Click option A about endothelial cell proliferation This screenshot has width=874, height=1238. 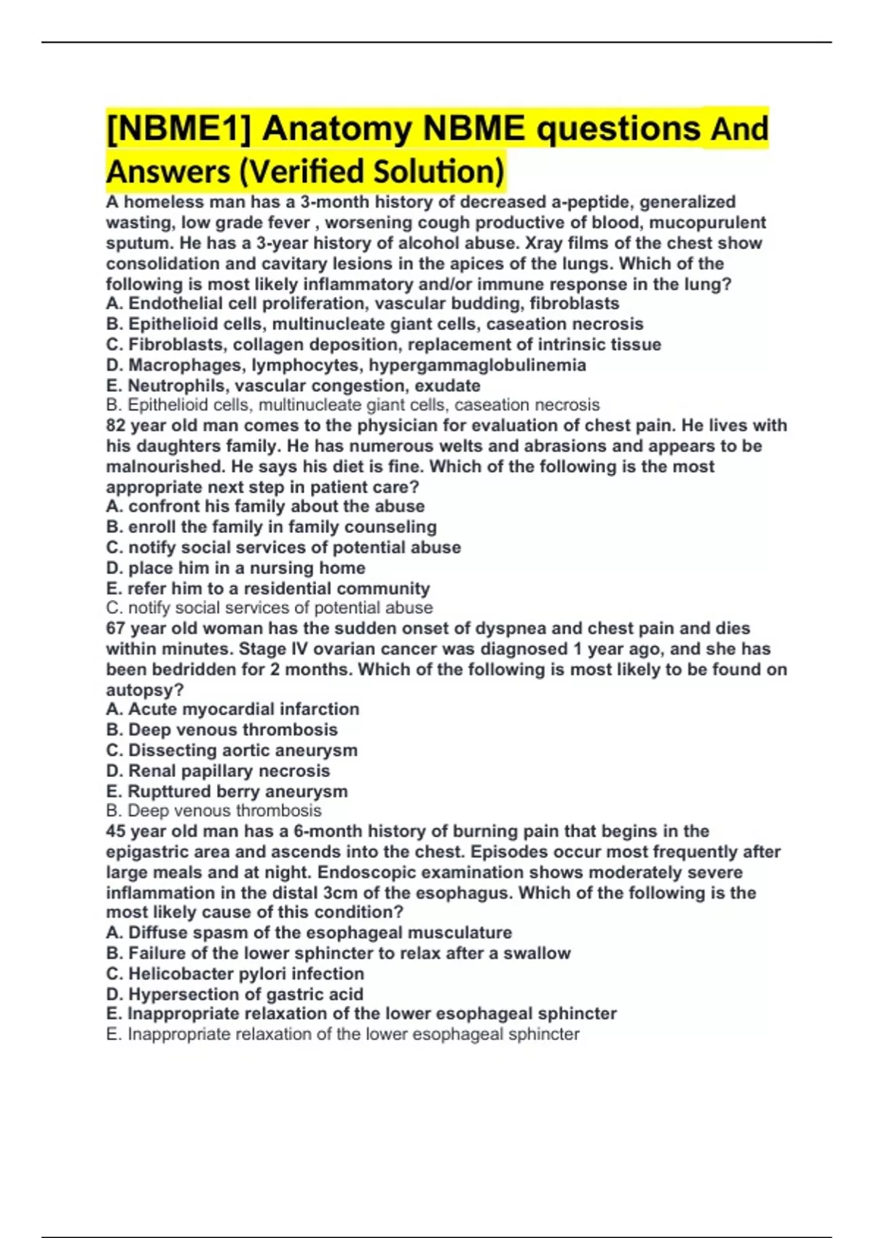(363, 304)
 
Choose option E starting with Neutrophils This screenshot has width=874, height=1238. (293, 385)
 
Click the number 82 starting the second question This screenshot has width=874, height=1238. (115, 425)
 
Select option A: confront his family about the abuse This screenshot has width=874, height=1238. (265, 506)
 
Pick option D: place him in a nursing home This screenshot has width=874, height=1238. (235, 568)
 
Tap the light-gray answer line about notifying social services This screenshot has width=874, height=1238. (269, 607)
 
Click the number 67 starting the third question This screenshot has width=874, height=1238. (115, 628)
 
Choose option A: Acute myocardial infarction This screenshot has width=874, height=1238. (232, 709)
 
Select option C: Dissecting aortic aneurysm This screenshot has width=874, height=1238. (232, 750)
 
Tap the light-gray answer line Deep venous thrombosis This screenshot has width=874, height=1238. (213, 811)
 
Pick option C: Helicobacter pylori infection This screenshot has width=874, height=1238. (235, 974)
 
